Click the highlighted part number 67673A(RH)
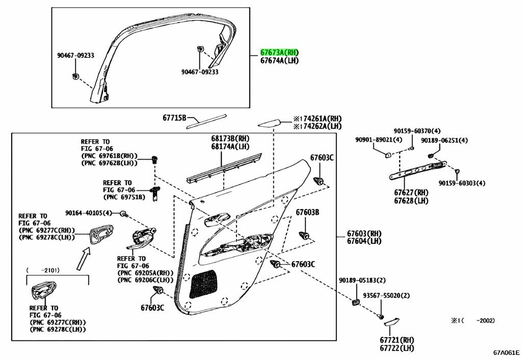pyautogui.click(x=279, y=53)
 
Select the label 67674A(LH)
pyautogui.click(x=279, y=61)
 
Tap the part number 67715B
pyautogui.click(x=174, y=118)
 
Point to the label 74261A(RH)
pyautogui.click(x=321, y=119)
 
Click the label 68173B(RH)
pyautogui.click(x=230, y=138)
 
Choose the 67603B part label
pyautogui.click(x=307, y=212)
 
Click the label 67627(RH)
pyautogui.click(x=411, y=192)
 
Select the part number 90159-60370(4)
pyautogui.click(x=417, y=131)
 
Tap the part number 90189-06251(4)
pyautogui.click(x=444, y=141)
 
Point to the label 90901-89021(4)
pyautogui.click(x=379, y=140)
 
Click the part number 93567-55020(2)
pyautogui.click(x=386, y=296)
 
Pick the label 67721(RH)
pyautogui.click(x=397, y=340)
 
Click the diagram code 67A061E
pyautogui.click(x=506, y=353)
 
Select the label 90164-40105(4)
pyautogui.click(x=89, y=213)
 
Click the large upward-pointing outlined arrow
pyautogui.click(x=84, y=259)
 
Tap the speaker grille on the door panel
pyautogui.click(x=203, y=284)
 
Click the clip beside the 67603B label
pyautogui.click(x=304, y=236)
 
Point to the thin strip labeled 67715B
pyautogui.click(x=206, y=121)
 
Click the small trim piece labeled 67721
pyautogui.click(x=391, y=322)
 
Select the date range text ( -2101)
pyautogui.click(x=43, y=270)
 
